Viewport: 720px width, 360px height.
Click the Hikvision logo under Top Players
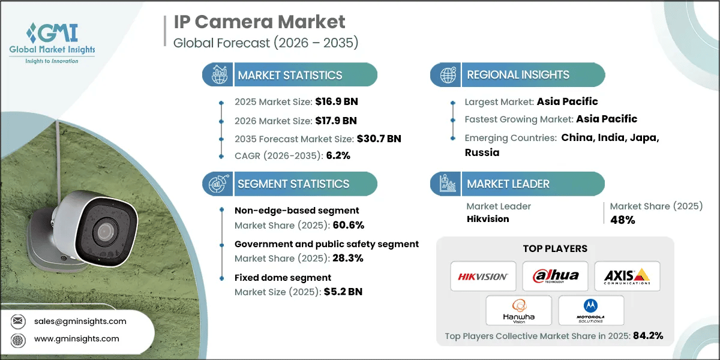coord(483,276)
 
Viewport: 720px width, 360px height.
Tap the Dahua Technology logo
coord(555,276)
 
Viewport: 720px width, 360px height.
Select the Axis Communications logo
coord(627,276)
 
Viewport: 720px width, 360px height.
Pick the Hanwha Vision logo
coord(519,310)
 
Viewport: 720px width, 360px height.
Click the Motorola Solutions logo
coord(591,310)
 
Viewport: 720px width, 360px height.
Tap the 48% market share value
coord(623,220)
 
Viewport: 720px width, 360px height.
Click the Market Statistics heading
coord(290,76)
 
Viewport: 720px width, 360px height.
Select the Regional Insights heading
coord(518,75)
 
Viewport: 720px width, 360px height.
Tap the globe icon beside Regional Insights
coord(447,75)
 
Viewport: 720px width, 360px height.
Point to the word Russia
coord(482,152)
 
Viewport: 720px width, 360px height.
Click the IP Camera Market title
coord(260,22)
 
